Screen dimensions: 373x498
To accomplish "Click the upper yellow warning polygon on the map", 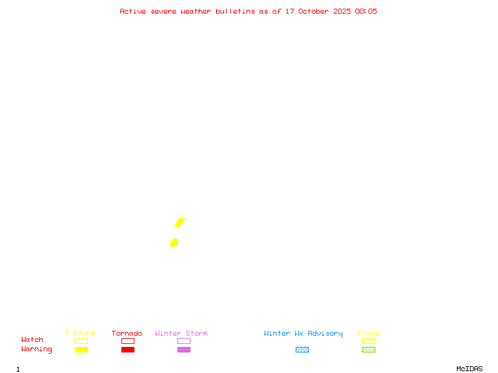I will [x=180, y=223].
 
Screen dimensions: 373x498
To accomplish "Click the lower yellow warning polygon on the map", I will [x=174, y=243].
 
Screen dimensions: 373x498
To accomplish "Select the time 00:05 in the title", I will [x=366, y=11].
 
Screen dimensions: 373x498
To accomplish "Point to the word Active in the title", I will [x=133, y=11].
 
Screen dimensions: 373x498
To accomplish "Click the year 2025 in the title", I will [x=343, y=11].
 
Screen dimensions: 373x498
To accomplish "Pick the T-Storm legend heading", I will [x=80, y=334].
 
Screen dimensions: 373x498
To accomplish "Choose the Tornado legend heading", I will [x=127, y=334].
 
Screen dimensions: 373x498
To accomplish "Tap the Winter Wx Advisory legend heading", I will [x=303, y=334].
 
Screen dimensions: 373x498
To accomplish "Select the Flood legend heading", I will [x=369, y=334].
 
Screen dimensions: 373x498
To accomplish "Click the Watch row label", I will [x=32, y=340].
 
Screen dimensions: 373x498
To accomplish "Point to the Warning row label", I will [x=37, y=349].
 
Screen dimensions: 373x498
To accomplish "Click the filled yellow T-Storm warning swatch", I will [x=81, y=350].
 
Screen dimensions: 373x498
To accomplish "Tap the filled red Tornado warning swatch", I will [x=128, y=350].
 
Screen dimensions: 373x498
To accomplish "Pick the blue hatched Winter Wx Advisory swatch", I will [x=302, y=350].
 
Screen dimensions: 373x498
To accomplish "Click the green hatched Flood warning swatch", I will [x=369, y=350].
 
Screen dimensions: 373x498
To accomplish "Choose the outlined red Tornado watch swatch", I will [x=128, y=341].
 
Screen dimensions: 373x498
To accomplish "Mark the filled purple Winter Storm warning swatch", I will [x=184, y=350].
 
